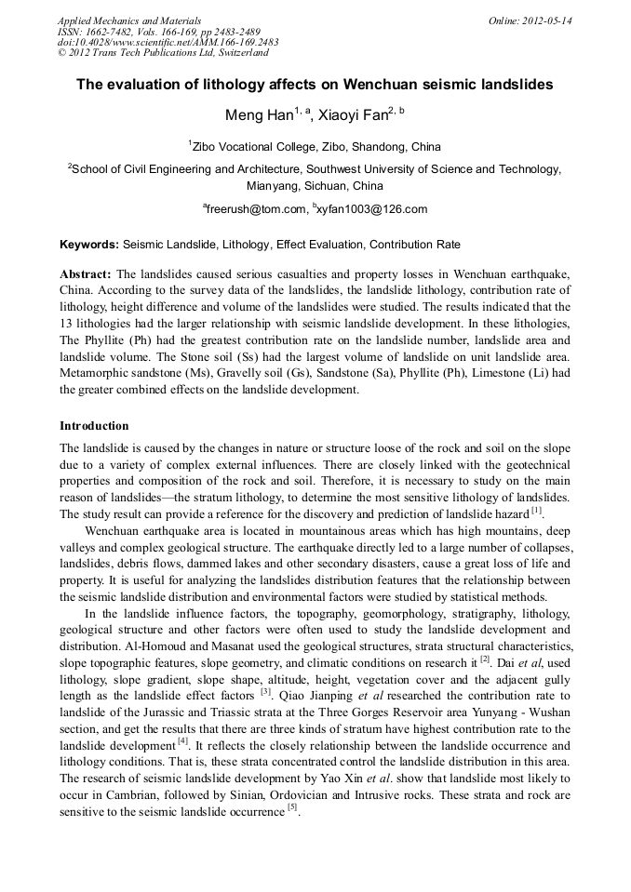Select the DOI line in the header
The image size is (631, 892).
click(x=168, y=42)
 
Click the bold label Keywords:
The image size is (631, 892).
click(x=89, y=245)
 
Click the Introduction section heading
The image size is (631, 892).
click(x=94, y=425)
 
